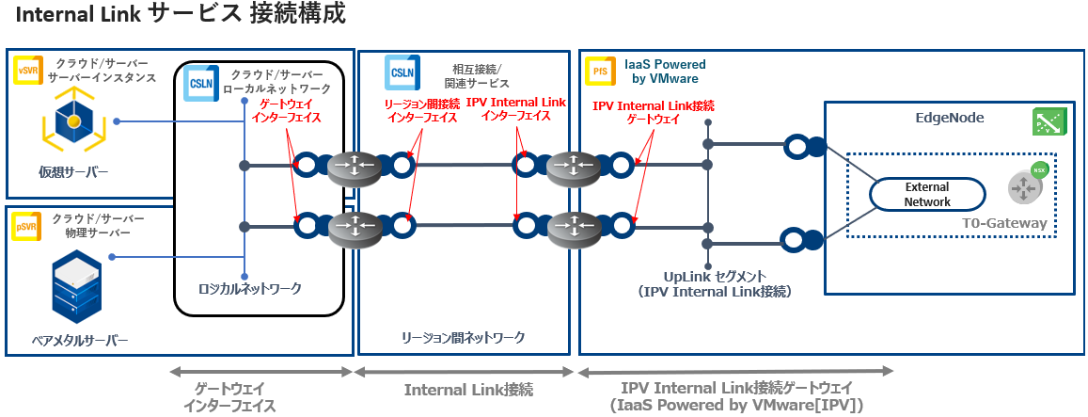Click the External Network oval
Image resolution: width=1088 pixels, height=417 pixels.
pyautogui.click(x=926, y=195)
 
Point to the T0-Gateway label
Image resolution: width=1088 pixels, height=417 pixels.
pyautogui.click(x=1004, y=223)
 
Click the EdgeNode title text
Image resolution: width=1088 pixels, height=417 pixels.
pyautogui.click(x=949, y=118)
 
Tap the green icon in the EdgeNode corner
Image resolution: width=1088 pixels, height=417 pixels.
pyautogui.click(x=1047, y=121)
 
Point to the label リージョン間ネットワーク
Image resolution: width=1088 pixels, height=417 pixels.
pyautogui.click(x=463, y=337)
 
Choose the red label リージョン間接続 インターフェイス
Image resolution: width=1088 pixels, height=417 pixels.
pyautogui.click(x=420, y=111)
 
